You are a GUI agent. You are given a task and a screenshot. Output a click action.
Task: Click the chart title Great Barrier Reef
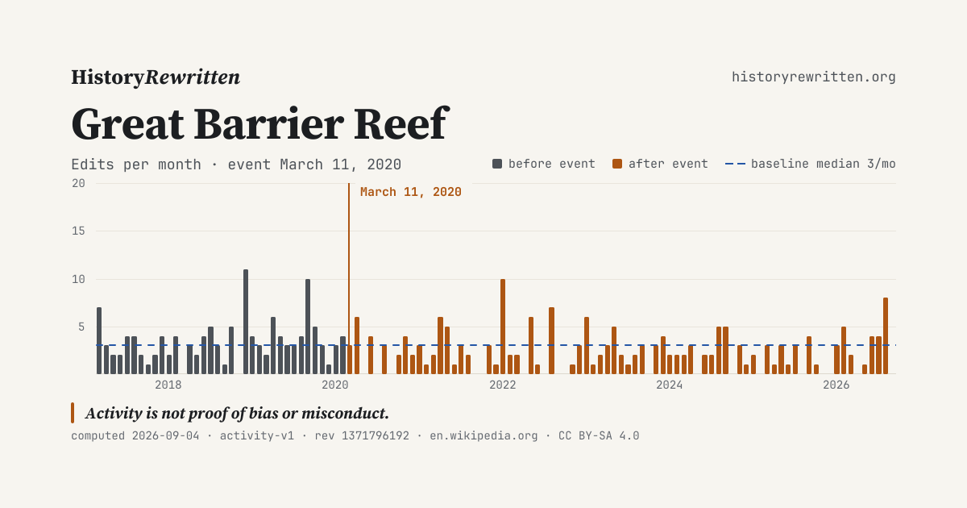(260, 124)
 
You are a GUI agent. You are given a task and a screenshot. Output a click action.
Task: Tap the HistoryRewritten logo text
(156, 77)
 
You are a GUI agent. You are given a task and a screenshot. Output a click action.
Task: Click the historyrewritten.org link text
(813, 77)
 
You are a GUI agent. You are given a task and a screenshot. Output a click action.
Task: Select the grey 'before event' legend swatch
(497, 164)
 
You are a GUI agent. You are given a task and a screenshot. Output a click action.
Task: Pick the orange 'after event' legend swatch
(617, 164)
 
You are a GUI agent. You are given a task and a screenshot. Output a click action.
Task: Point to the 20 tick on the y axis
(79, 184)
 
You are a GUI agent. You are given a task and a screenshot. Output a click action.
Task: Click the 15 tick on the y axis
(79, 231)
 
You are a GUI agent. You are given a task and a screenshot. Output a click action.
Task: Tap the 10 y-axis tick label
(79, 280)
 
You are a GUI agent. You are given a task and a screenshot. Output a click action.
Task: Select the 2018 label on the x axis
(168, 385)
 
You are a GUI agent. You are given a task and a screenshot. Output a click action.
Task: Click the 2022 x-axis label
(503, 385)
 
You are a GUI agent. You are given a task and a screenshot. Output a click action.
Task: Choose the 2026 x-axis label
(836, 385)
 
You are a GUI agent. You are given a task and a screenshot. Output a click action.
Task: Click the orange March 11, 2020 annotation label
(410, 192)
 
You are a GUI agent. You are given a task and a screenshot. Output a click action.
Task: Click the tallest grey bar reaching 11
(246, 322)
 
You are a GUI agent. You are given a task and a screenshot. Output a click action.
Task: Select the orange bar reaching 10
(503, 327)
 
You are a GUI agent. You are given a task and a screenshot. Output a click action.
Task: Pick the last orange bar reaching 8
(886, 336)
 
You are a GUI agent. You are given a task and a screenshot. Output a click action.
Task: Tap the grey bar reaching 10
(308, 327)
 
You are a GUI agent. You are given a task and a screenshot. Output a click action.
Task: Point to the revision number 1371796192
(376, 436)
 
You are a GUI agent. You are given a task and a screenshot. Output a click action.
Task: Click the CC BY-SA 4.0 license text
(599, 436)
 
